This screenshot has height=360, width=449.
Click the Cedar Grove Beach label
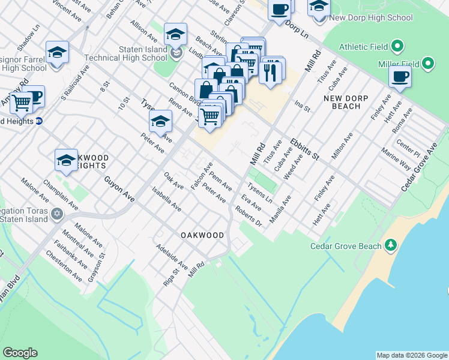coord(345,246)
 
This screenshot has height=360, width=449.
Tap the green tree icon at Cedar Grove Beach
coord(391,245)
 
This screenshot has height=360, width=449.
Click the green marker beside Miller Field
coord(427,63)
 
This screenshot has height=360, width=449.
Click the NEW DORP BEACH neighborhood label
coord(350,102)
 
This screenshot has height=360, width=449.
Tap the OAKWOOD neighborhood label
coord(203,236)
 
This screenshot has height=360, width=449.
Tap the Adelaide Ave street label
coord(172,256)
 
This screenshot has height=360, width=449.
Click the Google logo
coord(20,353)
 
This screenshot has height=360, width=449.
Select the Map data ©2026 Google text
coord(412,355)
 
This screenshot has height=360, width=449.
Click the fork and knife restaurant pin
coord(270,72)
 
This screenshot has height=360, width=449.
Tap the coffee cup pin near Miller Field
coord(400,76)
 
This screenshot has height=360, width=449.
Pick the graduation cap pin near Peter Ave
coord(160,122)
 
